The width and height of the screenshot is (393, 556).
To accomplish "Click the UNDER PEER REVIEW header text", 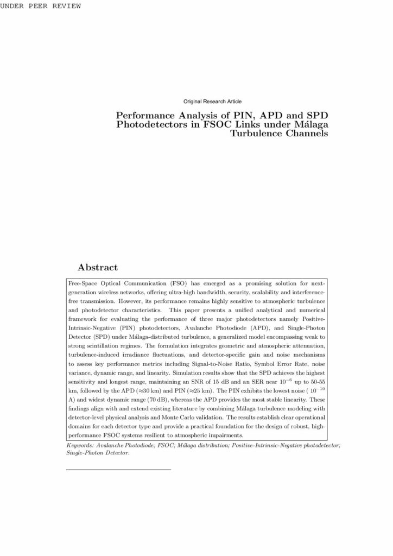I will pyautogui.click(x=41, y=6).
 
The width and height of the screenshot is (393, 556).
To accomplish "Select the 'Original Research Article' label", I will pyautogui.click(x=213, y=102).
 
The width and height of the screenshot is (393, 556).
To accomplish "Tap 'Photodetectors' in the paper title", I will pyautogui.click(x=151, y=125).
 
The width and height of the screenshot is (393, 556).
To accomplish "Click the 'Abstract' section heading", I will pyautogui.click(x=98, y=268).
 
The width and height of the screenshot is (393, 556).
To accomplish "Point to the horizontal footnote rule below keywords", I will pyautogui.click(x=118, y=469).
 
